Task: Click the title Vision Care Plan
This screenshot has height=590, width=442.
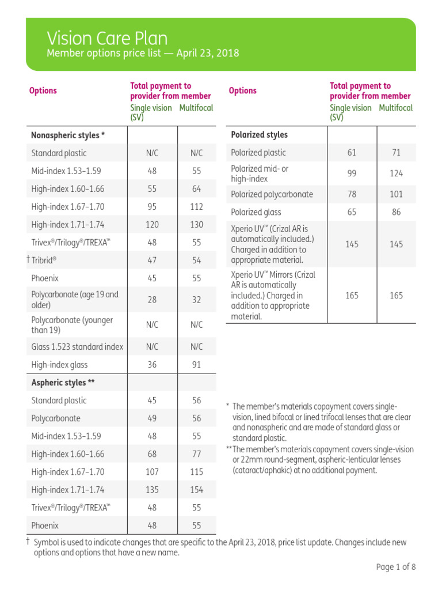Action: (x=107, y=38)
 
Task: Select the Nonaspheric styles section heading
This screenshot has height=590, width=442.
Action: (x=68, y=135)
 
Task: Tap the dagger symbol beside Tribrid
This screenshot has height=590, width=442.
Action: (x=28, y=260)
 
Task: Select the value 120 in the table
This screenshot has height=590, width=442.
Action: (x=152, y=225)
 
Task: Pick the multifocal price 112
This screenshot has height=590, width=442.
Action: (x=197, y=207)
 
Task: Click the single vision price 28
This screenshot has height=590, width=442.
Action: (x=152, y=300)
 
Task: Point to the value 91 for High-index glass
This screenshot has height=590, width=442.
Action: (x=197, y=365)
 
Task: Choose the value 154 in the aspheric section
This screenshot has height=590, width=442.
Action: (x=197, y=490)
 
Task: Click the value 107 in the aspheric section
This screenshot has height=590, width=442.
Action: (x=152, y=472)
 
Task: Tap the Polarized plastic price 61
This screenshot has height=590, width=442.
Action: (x=352, y=153)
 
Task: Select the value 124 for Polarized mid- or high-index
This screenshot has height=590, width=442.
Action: (x=396, y=173)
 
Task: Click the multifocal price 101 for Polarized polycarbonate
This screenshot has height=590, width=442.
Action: (x=396, y=194)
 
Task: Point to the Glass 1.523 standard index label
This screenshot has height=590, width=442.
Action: (x=78, y=347)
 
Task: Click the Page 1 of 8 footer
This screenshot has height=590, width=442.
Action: (x=395, y=567)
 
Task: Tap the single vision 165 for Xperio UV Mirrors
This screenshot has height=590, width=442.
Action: (x=352, y=296)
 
